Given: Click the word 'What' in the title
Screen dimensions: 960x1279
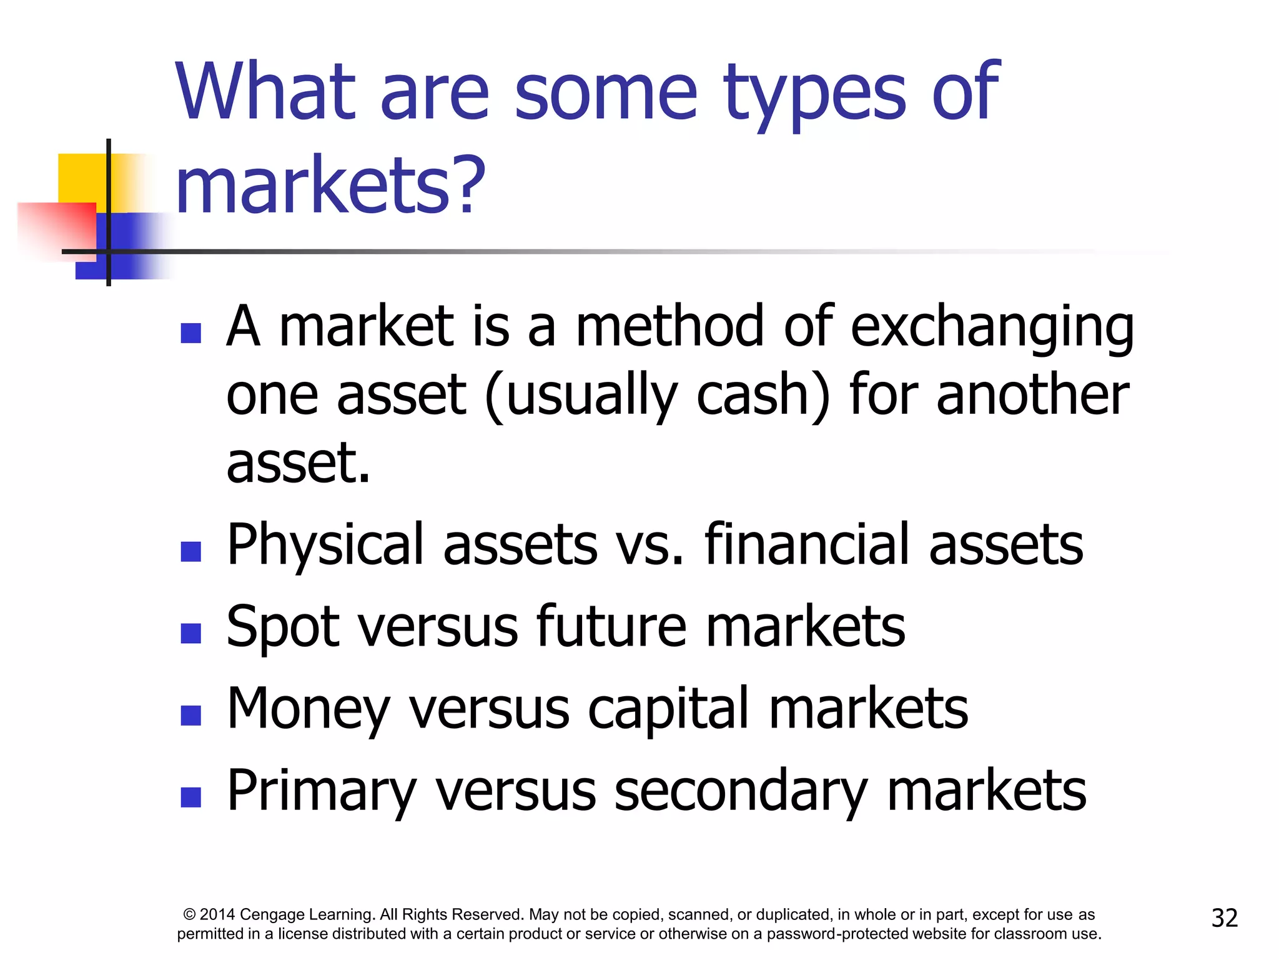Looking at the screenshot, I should [x=265, y=92].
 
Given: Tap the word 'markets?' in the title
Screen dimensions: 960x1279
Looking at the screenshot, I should [x=330, y=184].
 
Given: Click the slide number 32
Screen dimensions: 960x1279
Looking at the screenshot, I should [x=1224, y=918].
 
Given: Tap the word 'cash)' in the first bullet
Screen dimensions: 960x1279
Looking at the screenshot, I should [x=764, y=396].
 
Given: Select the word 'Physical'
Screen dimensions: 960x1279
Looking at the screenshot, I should [x=325, y=546].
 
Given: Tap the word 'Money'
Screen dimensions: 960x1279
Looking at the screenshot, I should [x=308, y=710].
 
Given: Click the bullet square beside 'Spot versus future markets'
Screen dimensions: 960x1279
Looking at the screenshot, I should [x=190, y=633].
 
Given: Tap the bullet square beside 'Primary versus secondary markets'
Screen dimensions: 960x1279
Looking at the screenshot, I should [x=190, y=797].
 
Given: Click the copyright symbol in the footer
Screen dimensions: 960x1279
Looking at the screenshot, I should [x=189, y=914].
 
